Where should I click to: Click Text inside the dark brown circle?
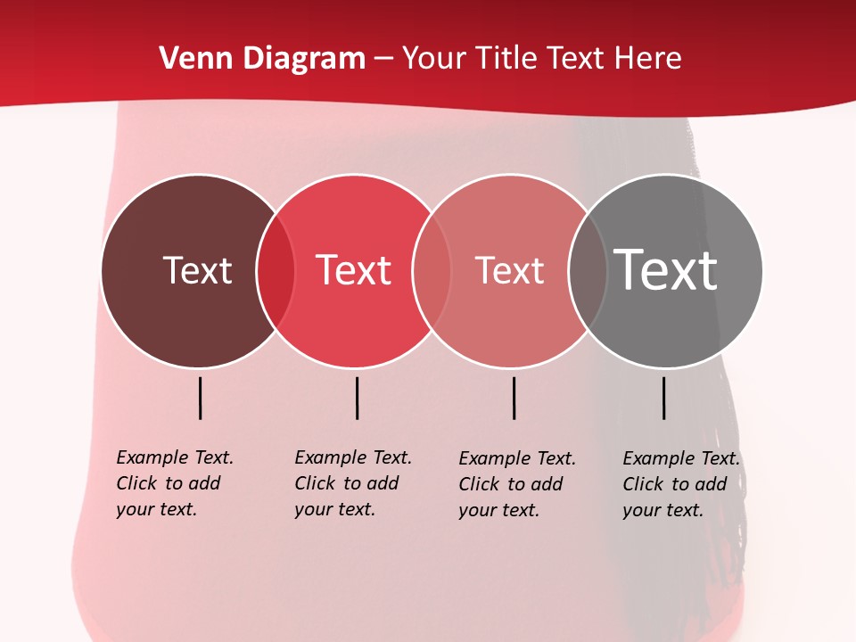tap(197, 270)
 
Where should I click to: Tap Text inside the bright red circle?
tap(354, 270)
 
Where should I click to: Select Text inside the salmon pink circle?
tap(509, 270)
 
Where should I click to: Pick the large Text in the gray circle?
tap(666, 270)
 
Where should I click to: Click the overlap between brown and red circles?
tap(276, 270)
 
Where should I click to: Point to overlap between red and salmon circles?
tap(432, 270)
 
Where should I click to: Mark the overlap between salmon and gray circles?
tap(588, 270)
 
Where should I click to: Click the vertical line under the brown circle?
tap(201, 398)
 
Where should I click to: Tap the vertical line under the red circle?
tap(357, 398)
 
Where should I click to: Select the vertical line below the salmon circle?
tap(514, 398)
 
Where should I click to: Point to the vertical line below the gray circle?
tap(664, 398)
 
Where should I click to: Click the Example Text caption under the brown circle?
tap(175, 483)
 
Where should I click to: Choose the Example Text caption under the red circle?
tap(353, 483)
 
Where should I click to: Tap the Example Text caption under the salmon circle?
tap(517, 484)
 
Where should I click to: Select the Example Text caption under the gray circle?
tap(681, 484)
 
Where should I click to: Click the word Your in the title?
tap(435, 59)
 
